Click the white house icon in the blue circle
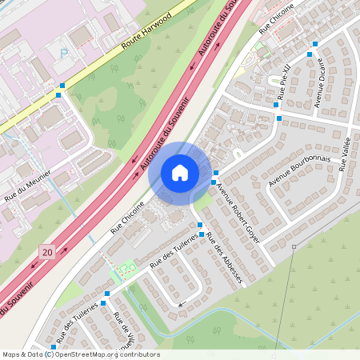pyautogui.click(x=180, y=172)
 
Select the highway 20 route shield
pyautogui.click(x=48, y=252)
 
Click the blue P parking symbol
pyautogui.click(x=63, y=54)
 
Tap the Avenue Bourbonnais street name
pyautogui.click(x=299, y=170)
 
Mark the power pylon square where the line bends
pyautogui.click(x=293, y=246)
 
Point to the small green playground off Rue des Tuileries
pyautogui.click(x=126, y=268)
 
